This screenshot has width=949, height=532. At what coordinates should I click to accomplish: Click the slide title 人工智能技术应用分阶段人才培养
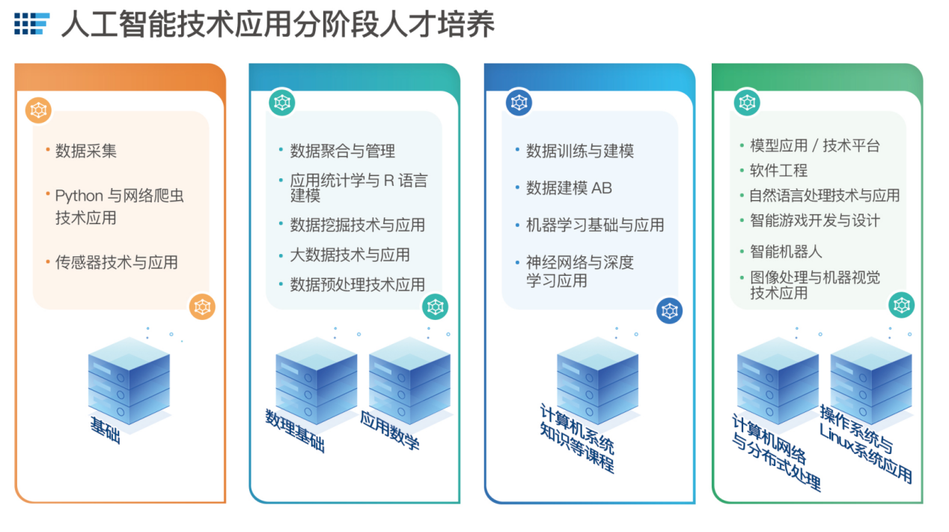coord(277,25)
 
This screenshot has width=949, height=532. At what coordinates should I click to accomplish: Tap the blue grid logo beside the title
coord(31,24)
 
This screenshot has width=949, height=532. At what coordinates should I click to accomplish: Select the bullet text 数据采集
coord(86,151)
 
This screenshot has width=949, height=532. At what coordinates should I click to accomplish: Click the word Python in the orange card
coord(79,196)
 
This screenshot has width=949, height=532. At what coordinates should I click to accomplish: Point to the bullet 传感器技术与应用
coord(117,262)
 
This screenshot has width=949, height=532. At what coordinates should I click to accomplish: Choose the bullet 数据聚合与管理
coord(343,151)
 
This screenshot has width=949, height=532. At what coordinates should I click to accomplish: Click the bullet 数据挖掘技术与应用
coord(358,225)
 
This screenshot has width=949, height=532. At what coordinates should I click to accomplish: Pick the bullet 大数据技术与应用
coord(350,255)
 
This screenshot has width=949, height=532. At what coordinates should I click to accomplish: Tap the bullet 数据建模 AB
coord(569,188)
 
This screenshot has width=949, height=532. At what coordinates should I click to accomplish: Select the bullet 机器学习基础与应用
coord(595,225)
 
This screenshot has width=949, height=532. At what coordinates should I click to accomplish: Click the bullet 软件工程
coord(778,170)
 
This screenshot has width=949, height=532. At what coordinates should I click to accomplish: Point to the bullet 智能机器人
coord(786,252)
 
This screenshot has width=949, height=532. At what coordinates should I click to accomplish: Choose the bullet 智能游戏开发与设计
coord(815,220)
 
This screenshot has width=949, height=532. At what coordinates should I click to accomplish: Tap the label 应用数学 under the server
coord(389,430)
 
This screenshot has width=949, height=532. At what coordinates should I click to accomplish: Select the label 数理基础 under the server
coord(295,429)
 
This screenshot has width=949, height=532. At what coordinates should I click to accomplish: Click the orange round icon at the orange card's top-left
coord(38,110)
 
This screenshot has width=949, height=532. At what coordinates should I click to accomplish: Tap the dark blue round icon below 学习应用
coord(669,310)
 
